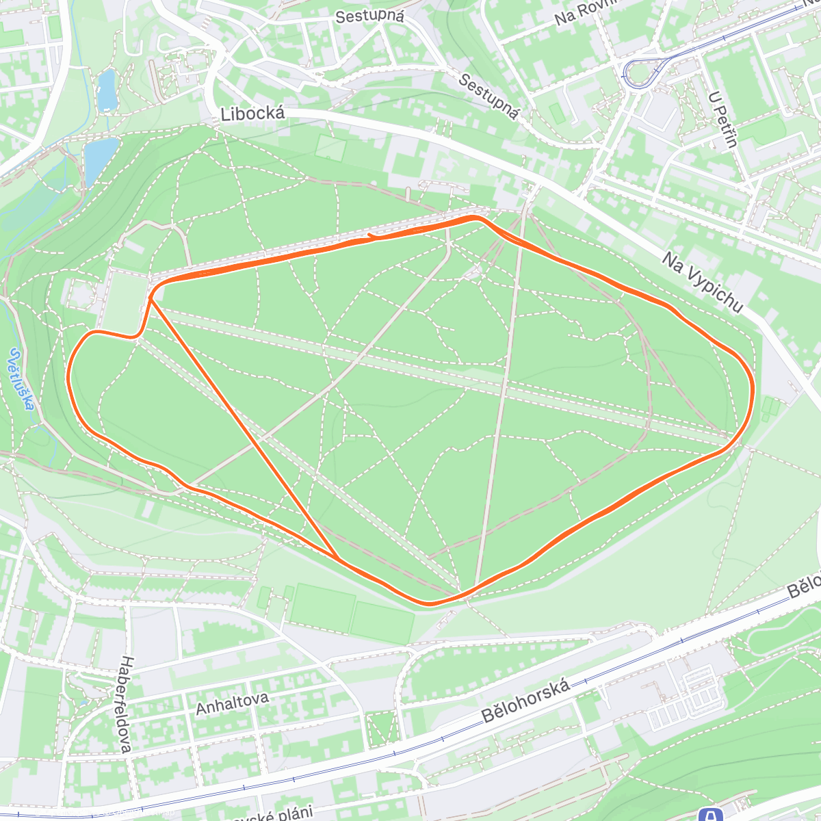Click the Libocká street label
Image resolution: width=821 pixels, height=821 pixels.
[252, 114]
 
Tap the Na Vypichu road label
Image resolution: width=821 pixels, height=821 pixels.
[702, 282]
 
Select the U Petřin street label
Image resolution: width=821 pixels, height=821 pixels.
[725, 119]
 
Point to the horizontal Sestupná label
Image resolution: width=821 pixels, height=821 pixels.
[370, 16]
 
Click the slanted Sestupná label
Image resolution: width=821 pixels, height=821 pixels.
[488, 96]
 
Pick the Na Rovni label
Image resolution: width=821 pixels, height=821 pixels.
[577, 13]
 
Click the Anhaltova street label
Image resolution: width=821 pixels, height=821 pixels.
[232, 702]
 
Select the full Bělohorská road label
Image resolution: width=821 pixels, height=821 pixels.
[526, 701]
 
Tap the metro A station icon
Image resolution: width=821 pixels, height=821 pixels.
[712, 815]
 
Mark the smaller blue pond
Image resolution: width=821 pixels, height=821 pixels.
[107, 91]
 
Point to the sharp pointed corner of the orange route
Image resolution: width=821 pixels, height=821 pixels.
[150, 298]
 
